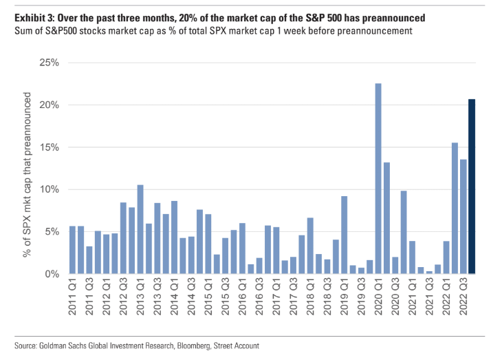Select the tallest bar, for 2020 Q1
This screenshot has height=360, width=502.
[378, 179]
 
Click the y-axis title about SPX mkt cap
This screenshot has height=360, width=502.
[28, 169]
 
